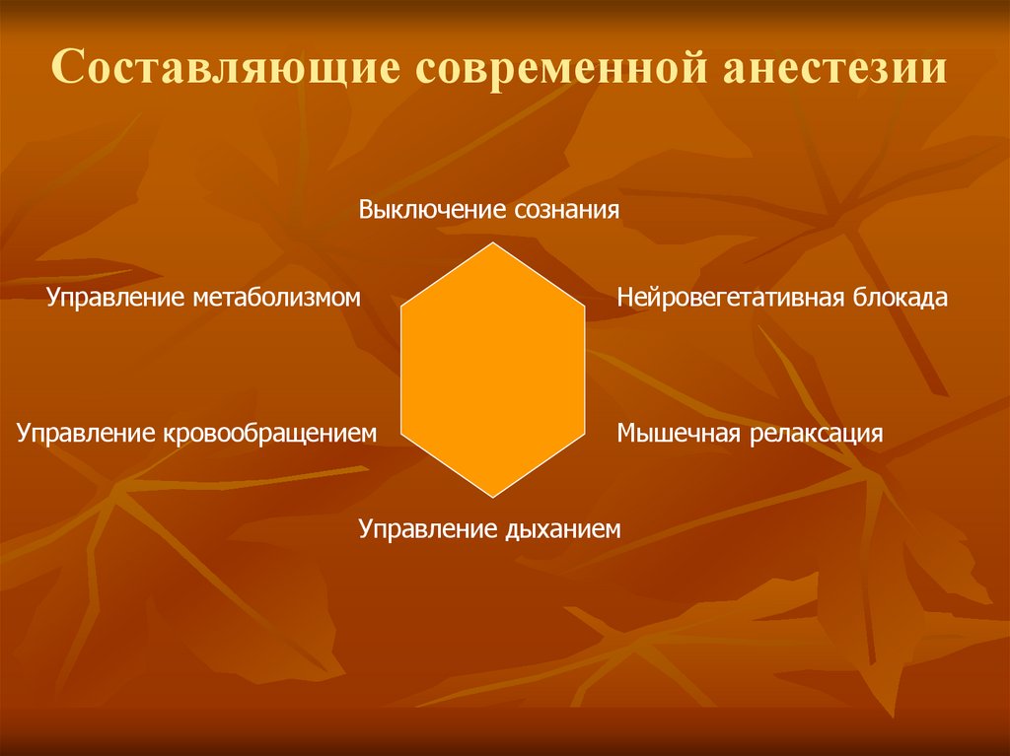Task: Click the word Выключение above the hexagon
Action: [434, 210]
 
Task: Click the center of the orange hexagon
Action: [493, 370]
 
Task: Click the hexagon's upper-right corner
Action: [585, 306]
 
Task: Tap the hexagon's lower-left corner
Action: [401, 434]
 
